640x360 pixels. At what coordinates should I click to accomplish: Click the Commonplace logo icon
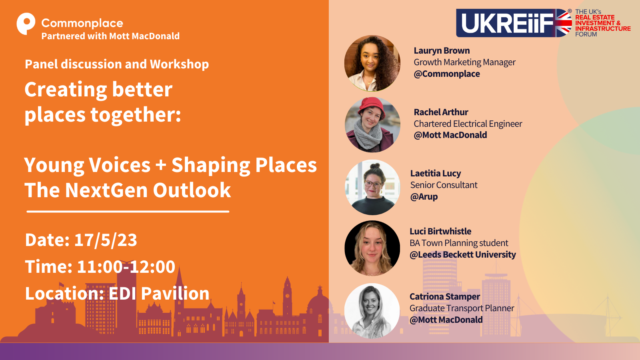tap(26, 24)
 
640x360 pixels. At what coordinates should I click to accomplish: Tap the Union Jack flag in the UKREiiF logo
tap(564, 23)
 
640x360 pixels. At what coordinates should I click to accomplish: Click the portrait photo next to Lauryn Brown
tap(372, 64)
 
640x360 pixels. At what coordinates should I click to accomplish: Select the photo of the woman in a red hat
tap(372, 124)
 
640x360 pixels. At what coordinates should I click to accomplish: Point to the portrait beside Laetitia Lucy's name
tap(372, 187)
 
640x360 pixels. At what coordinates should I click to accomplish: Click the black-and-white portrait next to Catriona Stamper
tap(372, 311)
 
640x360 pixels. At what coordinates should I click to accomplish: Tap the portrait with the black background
tap(372, 248)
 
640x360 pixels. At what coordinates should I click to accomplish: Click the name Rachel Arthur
tap(441, 112)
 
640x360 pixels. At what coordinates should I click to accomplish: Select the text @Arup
tap(424, 196)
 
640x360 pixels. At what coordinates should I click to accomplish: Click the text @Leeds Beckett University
tap(463, 254)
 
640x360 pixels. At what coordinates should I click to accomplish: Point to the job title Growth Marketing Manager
tap(464, 62)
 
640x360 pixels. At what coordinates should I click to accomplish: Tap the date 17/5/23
tap(106, 240)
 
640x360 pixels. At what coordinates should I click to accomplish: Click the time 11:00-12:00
tap(126, 266)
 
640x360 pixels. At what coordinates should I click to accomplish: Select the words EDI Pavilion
tap(159, 294)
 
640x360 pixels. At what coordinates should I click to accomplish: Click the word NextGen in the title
tap(106, 190)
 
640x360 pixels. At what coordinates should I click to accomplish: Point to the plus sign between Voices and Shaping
tap(161, 166)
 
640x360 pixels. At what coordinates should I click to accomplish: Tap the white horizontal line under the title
tap(128, 212)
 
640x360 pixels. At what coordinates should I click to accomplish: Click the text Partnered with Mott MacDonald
tap(110, 36)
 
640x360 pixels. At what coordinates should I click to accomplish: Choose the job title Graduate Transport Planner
tap(462, 308)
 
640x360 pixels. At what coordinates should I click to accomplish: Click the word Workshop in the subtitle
tap(180, 64)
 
